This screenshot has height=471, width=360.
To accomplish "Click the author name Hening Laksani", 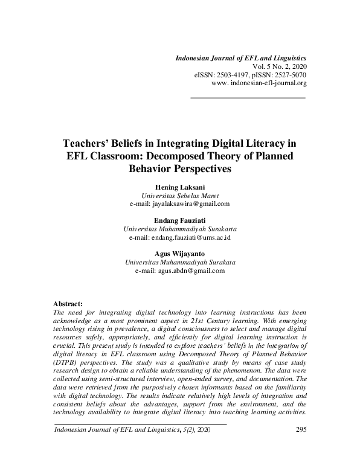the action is (x=180, y=187).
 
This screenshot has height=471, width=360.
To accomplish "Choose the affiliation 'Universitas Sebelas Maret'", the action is (x=180, y=196).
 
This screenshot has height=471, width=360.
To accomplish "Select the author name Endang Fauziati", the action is (x=180, y=221).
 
